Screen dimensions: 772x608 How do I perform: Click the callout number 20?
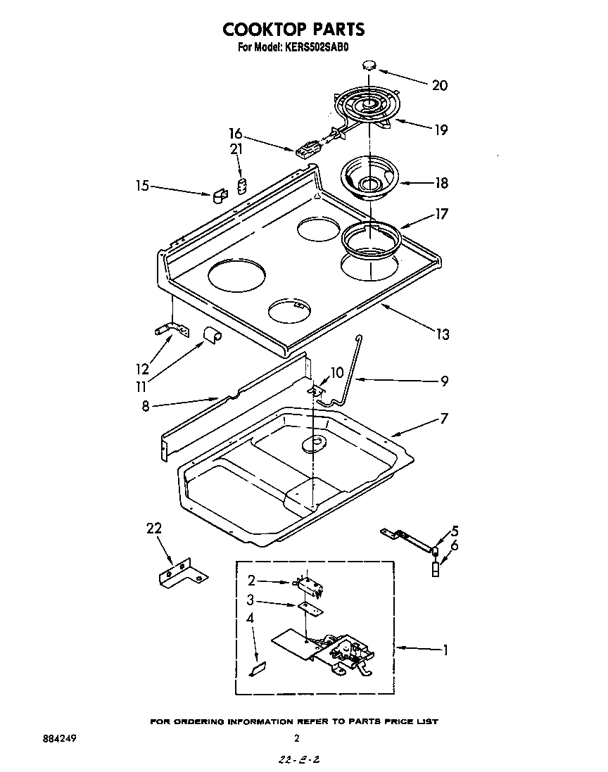pos(439,85)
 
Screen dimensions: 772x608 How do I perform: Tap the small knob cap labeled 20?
pos(370,65)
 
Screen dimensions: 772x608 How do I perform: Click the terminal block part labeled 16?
pos(306,150)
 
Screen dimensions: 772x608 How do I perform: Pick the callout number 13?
pos(442,334)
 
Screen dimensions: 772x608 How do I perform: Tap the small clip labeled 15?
pos(219,194)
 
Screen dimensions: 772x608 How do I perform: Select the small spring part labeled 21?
pos(241,186)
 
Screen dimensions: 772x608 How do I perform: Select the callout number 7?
pos(443,419)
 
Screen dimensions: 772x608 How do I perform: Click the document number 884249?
pos(59,739)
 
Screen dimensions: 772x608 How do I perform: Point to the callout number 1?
pos(445,650)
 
